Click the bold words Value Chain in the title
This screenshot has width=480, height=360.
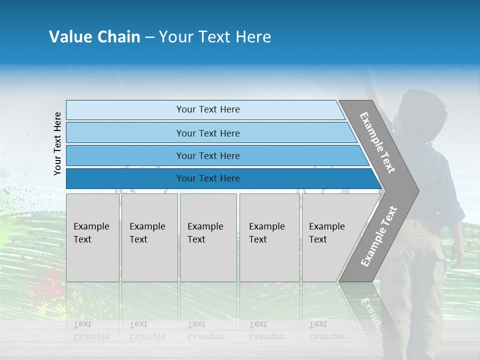(x=94, y=37)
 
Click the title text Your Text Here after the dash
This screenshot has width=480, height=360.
(x=215, y=37)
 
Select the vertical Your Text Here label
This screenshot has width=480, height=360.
(x=58, y=143)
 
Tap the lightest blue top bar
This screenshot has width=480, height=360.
(x=207, y=109)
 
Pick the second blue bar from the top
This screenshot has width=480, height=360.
(x=207, y=133)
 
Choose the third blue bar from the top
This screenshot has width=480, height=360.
(x=207, y=155)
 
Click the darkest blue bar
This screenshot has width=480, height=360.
(x=207, y=178)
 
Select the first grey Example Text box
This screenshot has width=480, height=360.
(x=92, y=237)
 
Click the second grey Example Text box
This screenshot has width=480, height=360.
(x=149, y=237)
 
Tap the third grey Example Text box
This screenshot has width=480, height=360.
(x=207, y=237)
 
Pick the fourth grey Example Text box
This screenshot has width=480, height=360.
(x=269, y=237)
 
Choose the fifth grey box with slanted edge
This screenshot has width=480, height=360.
(x=332, y=237)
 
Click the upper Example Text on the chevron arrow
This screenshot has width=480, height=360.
(x=377, y=142)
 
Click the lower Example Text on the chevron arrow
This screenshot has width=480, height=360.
(x=378, y=236)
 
